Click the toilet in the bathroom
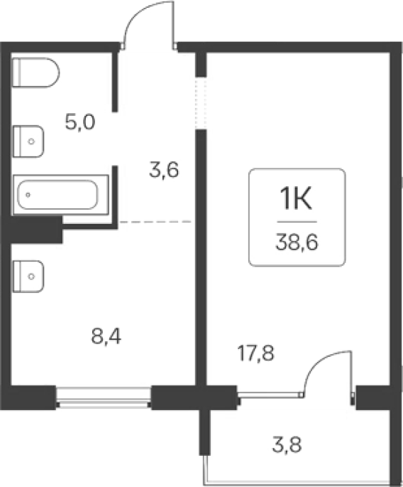tap(35, 73)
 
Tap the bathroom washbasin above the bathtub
tap(28, 141)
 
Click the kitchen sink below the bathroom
tap(28, 277)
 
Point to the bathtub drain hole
tap(28, 195)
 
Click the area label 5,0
tap(80, 122)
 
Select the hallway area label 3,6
tap(164, 170)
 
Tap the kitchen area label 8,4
tap(106, 336)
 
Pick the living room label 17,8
tap(255, 353)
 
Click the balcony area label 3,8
tap(287, 444)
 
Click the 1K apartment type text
tap(296, 199)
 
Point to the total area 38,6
tap(297, 242)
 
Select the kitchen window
tap(104, 397)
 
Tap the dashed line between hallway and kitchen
tap(155, 222)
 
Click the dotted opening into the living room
tap(201, 103)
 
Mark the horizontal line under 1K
tap(297, 222)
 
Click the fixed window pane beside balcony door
tap(270, 395)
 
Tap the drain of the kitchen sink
tap(31, 277)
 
